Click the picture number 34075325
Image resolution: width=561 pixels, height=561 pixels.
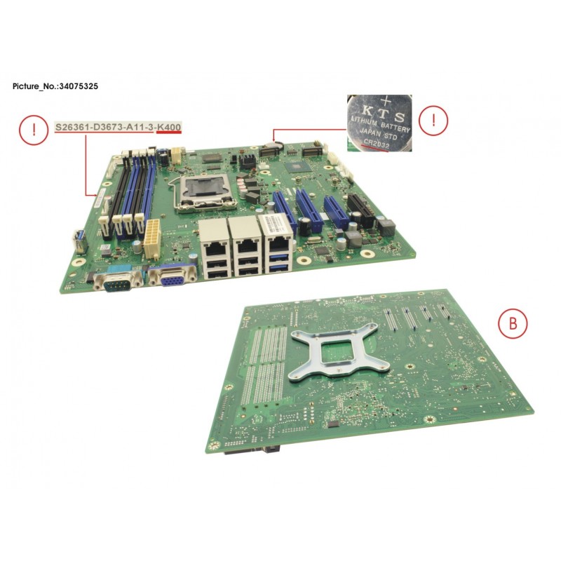(x=83, y=85)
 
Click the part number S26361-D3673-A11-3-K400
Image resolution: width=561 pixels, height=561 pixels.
(x=119, y=128)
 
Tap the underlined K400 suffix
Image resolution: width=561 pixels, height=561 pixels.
(x=169, y=128)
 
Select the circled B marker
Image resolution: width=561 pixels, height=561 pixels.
(x=513, y=323)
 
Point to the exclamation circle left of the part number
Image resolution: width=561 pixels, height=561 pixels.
(x=30, y=130)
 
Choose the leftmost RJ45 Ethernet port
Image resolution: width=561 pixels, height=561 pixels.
(x=212, y=240)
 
